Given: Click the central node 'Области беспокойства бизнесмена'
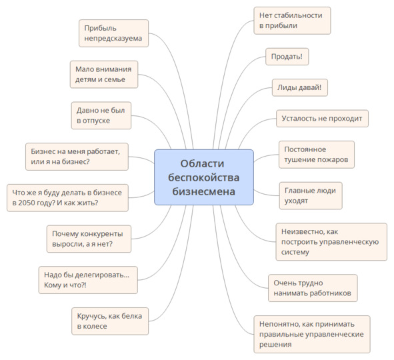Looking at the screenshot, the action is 204,177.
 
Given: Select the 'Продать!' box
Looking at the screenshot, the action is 287,57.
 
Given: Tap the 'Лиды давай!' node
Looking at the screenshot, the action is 300,87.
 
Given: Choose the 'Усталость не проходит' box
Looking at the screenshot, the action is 322,118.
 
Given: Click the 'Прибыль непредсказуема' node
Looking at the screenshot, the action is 113,33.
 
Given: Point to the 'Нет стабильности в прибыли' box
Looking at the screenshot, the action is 292,21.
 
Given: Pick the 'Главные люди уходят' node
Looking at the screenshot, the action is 311,196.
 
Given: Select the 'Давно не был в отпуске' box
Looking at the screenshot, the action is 101,115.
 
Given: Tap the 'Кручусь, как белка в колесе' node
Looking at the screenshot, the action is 110,321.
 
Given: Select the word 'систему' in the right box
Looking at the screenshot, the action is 295,252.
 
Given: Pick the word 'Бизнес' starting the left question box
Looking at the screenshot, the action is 42,151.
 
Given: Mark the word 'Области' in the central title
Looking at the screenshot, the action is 202,163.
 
